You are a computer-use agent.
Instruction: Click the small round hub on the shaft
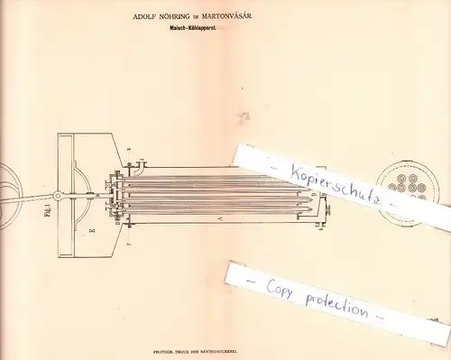tap(57, 195)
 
